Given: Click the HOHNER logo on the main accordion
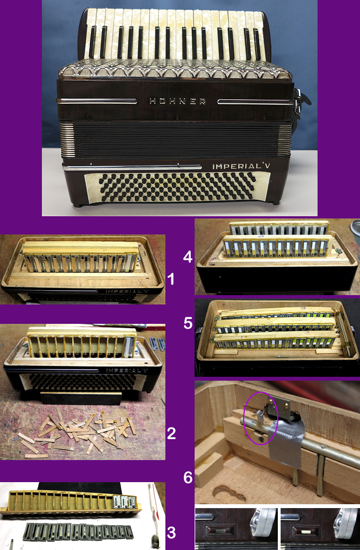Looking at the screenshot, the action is pyautogui.click(x=178, y=101).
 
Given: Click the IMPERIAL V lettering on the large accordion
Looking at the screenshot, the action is pyautogui.click(x=241, y=165).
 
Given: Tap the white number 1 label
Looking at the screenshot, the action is pyautogui.click(x=171, y=279).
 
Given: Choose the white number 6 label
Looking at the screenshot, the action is pyautogui.click(x=188, y=477).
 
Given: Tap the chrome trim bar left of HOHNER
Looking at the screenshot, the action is pyautogui.click(x=97, y=101).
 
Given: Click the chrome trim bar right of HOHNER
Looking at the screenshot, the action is pyautogui.click(x=255, y=102).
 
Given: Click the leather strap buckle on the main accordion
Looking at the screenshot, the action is pyautogui.click(x=298, y=102).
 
